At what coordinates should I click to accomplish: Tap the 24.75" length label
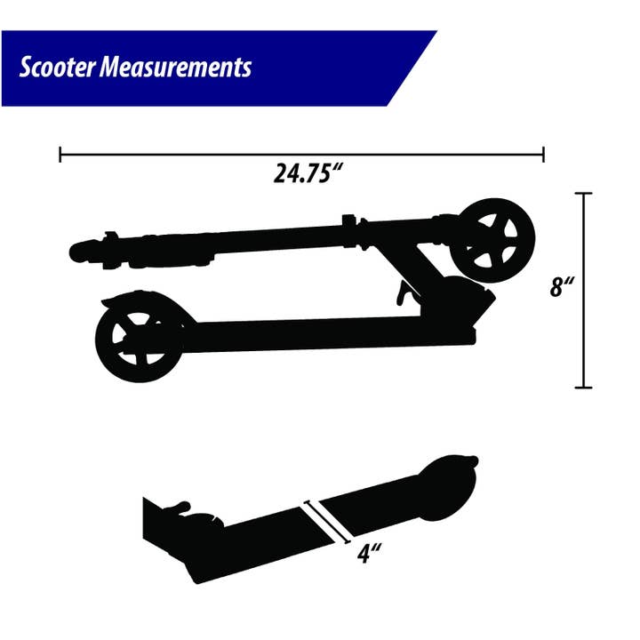(x=308, y=173)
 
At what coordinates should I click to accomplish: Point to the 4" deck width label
(x=369, y=553)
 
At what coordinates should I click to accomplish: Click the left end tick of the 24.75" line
(x=60, y=155)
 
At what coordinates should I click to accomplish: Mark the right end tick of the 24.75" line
(x=543, y=155)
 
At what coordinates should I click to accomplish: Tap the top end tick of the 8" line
(x=583, y=193)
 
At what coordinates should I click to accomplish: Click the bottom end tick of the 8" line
(x=583, y=387)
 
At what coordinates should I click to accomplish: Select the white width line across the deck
(x=324, y=519)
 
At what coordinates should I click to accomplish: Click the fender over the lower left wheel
(x=142, y=300)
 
